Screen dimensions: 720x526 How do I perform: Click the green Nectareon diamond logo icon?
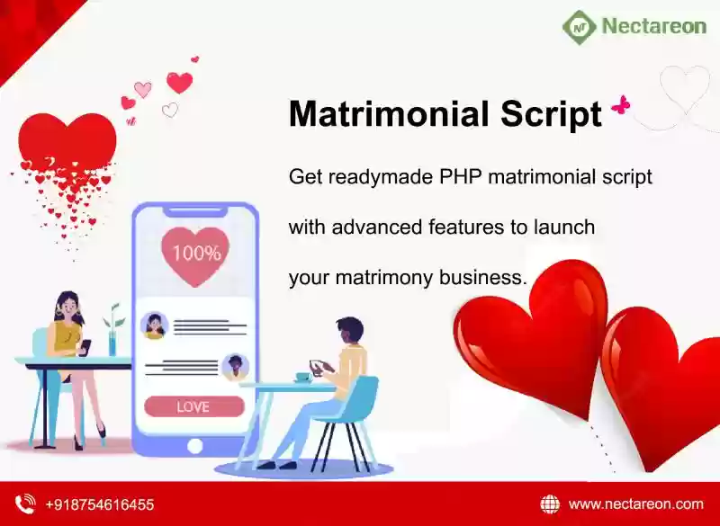pyautogui.click(x=580, y=27)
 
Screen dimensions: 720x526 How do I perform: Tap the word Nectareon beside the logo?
pyautogui.click(x=654, y=26)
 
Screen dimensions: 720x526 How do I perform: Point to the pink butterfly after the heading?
pyautogui.click(x=621, y=105)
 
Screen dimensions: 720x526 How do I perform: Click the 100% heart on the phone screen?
pyautogui.click(x=195, y=255)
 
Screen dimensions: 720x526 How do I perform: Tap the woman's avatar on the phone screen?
pyautogui.click(x=154, y=325)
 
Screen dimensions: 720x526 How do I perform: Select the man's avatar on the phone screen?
pyautogui.click(x=235, y=367)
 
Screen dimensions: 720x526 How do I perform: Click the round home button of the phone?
pyautogui.click(x=194, y=446)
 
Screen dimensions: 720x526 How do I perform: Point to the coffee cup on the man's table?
pyautogui.click(x=303, y=378)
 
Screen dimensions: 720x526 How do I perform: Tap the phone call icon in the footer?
pyautogui.click(x=25, y=504)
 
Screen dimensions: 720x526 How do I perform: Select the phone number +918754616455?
pyautogui.click(x=100, y=505)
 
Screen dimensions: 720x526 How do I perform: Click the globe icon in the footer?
pyautogui.click(x=550, y=504)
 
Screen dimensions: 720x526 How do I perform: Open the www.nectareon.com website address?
pyautogui.click(x=636, y=504)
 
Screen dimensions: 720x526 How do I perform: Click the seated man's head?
pyautogui.click(x=349, y=329)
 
